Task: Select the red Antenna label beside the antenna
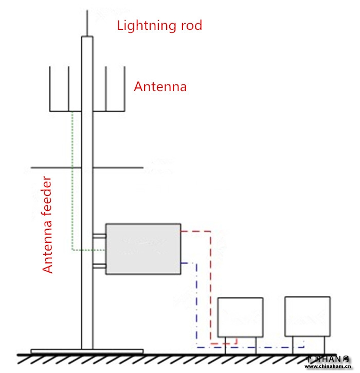pos(160,86)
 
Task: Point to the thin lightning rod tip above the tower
pos(87,21)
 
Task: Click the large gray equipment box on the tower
pos(143,248)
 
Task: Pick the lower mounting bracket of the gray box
pos(99,267)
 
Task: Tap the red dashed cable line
pos(210,288)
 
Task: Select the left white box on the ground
pos(240,317)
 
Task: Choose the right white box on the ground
pos(308,316)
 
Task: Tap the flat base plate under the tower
pos(86,351)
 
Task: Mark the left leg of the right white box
pos(293,345)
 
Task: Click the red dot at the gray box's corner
pos(181,232)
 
